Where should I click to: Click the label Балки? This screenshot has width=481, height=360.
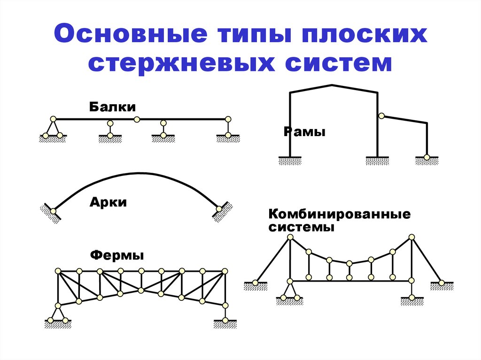click(109, 107)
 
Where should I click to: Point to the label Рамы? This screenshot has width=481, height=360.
click(304, 132)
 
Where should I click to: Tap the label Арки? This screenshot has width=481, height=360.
click(108, 203)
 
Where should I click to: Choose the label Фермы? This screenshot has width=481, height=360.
click(116, 256)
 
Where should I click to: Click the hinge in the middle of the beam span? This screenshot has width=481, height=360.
click(137, 119)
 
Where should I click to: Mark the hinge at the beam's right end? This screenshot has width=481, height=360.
click(228, 119)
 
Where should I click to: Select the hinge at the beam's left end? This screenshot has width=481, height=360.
click(53, 119)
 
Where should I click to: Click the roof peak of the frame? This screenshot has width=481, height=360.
click(333, 85)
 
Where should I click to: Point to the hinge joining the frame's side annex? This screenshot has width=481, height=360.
click(381, 115)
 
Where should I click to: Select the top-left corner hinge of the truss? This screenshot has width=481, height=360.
click(58, 271)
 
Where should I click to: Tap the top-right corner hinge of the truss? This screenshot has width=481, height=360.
click(225, 271)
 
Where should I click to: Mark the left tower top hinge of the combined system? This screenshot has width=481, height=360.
click(290, 237)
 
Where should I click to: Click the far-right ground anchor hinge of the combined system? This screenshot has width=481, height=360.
click(442, 283)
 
